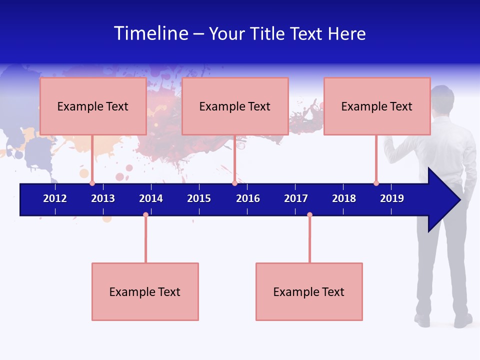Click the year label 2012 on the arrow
[x=55, y=198]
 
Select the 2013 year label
[x=103, y=198]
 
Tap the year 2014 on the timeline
[x=151, y=198]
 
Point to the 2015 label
[x=199, y=198]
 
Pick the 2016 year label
[x=248, y=198]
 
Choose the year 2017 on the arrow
[x=296, y=198]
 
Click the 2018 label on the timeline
[x=344, y=198]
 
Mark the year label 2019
[x=392, y=198]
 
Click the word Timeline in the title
[x=150, y=33]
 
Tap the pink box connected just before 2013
[x=93, y=106]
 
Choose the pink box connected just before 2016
[x=235, y=106]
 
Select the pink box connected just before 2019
[x=377, y=106]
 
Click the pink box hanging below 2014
[x=145, y=291]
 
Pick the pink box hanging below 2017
[x=309, y=291]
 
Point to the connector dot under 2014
[x=145, y=214]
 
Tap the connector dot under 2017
[x=309, y=214]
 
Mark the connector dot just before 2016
[x=234, y=183]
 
